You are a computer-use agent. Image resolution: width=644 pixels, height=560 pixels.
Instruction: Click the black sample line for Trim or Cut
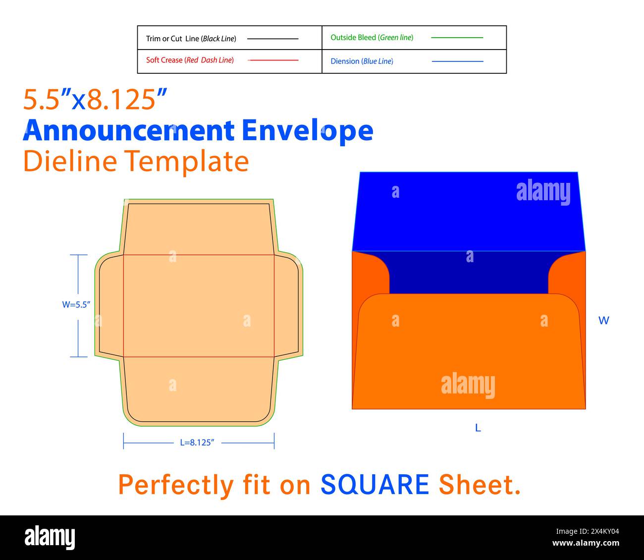[x=272, y=39]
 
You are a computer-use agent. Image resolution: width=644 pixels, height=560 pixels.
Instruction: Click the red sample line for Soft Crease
[x=273, y=60]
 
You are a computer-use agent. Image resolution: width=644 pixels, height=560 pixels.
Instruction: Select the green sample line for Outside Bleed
[x=457, y=38]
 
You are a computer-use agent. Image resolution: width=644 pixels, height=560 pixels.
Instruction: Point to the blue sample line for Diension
[x=457, y=61]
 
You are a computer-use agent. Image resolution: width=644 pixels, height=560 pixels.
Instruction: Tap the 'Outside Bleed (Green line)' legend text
[x=372, y=38]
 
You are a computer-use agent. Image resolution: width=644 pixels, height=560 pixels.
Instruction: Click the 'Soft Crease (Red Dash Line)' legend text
[x=190, y=60]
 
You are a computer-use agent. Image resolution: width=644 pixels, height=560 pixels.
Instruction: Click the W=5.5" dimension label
[x=76, y=305]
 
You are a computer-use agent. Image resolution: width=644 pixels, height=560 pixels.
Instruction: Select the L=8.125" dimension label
[x=197, y=443]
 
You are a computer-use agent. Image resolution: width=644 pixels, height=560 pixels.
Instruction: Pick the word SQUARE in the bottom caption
[x=375, y=485]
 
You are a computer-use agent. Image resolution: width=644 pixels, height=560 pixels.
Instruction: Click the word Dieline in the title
[x=70, y=161]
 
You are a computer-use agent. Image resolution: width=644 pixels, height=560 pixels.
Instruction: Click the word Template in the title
[x=186, y=162]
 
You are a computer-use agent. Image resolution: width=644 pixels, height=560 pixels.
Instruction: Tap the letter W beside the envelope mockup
[x=603, y=321]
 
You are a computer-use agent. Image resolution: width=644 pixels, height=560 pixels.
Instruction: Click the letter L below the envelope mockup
[x=478, y=428]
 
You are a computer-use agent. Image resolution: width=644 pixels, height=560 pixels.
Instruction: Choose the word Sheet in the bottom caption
[x=479, y=485]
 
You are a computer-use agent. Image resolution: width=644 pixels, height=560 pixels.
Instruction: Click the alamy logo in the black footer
[x=50, y=537]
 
